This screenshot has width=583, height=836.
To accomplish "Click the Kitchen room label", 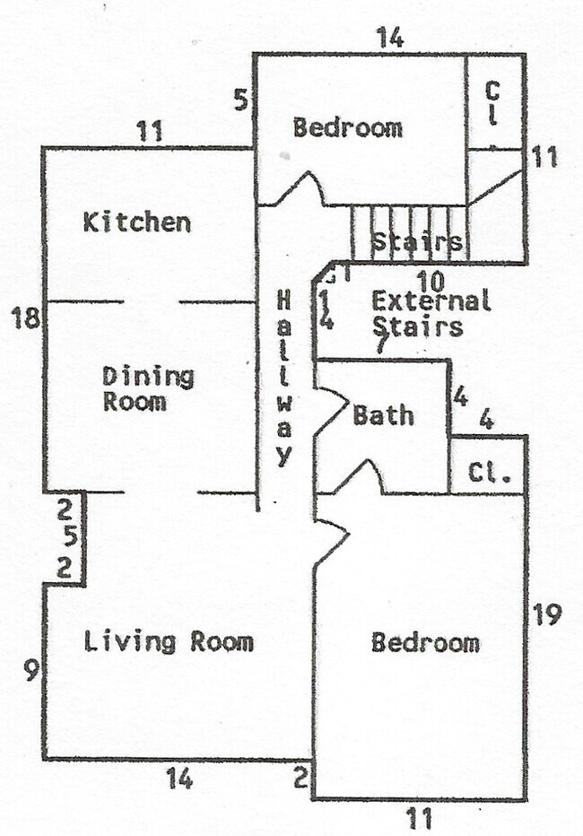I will (x=136, y=222).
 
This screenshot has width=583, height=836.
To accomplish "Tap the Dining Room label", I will (x=148, y=388).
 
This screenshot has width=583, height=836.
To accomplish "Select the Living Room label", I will (x=169, y=642).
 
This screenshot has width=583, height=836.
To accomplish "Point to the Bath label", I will (x=383, y=415).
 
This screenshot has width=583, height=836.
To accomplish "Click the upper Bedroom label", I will (x=348, y=127).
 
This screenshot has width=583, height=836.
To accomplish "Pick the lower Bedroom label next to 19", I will (x=425, y=642).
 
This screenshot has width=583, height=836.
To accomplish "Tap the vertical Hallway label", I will (x=284, y=377).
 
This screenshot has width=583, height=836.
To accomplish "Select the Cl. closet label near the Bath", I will (x=489, y=473).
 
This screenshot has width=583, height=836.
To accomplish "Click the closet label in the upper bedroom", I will (x=492, y=103).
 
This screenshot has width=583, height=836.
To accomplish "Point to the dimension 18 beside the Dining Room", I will (x=24, y=318).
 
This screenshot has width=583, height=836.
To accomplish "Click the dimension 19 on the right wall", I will (x=546, y=615).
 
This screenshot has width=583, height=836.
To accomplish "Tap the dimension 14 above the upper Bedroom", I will (x=389, y=38).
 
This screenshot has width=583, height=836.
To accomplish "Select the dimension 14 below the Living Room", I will (x=179, y=779).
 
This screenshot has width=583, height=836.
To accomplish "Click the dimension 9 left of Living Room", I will (x=31, y=670).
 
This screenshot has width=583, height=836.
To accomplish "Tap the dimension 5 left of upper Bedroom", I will (x=239, y=99).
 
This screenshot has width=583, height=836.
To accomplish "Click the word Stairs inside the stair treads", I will (x=416, y=242).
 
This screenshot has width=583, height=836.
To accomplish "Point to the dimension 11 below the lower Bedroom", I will (x=419, y=818).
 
